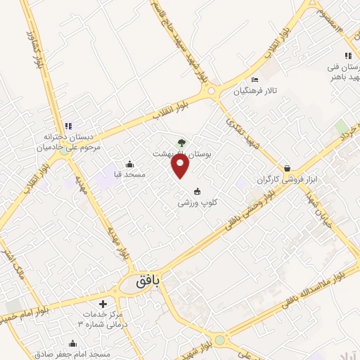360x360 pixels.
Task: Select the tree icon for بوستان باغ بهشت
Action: [181, 141]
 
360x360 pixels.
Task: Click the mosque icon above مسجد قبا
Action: [129, 164]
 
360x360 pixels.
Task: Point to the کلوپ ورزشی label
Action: [196, 202]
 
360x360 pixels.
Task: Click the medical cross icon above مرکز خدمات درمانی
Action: [103, 304]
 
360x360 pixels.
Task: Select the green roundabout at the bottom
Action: [220, 341]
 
